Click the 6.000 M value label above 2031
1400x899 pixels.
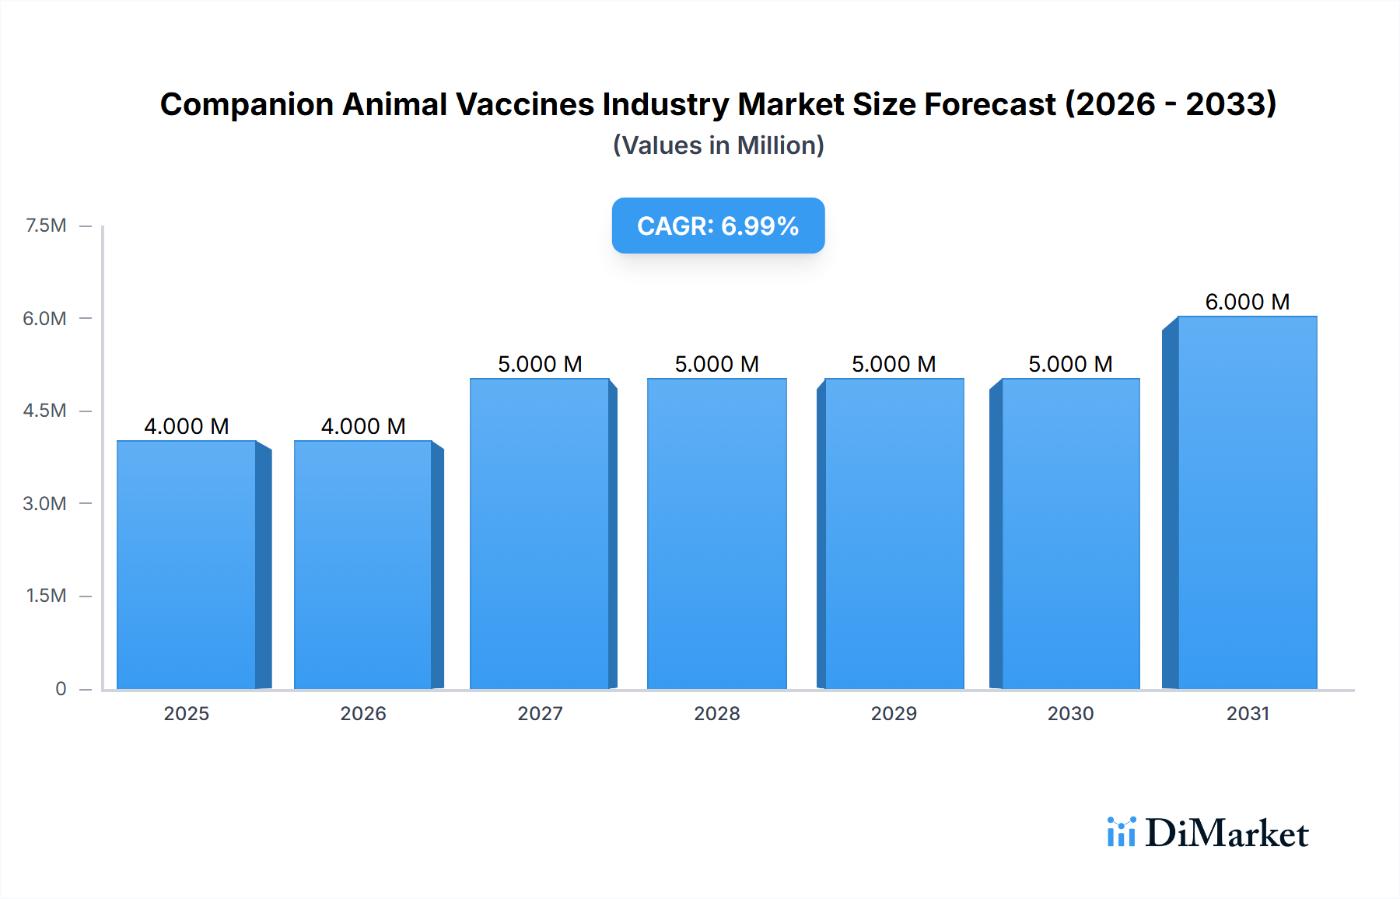pos(1247,302)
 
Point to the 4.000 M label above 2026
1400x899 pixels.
pos(363,426)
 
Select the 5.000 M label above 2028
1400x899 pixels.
pos(716,364)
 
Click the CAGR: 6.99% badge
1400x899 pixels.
pos(718,226)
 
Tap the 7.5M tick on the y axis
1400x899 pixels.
pos(46,226)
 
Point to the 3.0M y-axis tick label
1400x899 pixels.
pos(44,503)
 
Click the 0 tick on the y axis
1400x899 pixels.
pos(61,688)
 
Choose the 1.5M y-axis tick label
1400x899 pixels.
pos(46,596)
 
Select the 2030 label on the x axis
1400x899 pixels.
pos(1070,713)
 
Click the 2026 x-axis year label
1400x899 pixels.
pos(363,713)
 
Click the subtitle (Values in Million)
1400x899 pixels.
pos(718,145)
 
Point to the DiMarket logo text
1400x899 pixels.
pos(1227,834)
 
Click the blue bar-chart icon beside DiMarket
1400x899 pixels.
pos(1121,832)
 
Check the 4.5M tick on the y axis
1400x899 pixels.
pos(44,411)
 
